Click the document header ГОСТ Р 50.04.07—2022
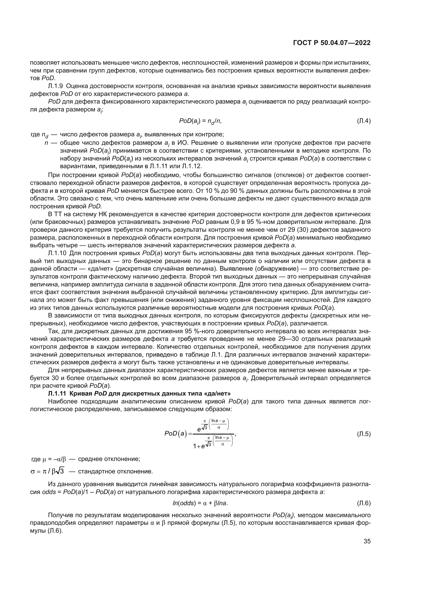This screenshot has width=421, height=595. (x=332, y=43)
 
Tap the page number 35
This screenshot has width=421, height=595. (x=367, y=541)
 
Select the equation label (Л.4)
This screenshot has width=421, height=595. (x=364, y=121)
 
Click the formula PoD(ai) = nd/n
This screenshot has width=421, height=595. (x=200, y=121)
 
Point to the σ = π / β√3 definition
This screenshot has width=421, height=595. (x=47, y=471)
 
